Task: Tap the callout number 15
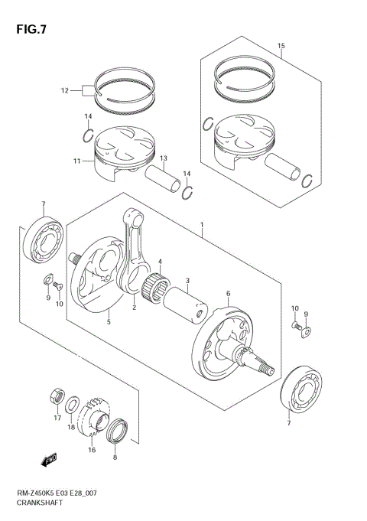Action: point(281,46)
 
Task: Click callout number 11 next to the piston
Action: point(76,161)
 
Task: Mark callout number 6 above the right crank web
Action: point(227,293)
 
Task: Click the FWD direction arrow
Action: point(50,461)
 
